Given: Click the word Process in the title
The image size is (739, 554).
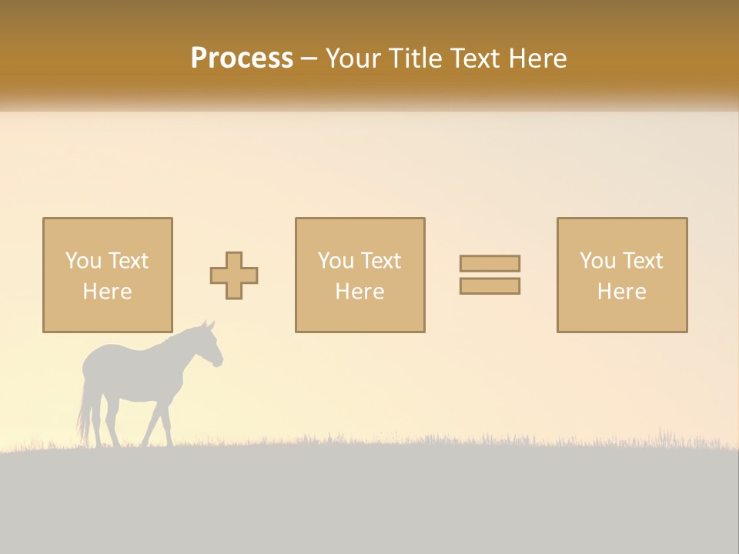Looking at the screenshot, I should pos(242,58).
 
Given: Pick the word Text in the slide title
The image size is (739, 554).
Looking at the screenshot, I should pos(472,58).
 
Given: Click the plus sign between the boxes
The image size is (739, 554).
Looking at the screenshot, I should pos(234,275).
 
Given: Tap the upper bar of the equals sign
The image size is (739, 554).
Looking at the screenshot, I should pos(490,263).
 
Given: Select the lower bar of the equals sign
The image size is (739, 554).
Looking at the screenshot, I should pos(490,286).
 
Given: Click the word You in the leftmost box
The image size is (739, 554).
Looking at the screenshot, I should pos(82,261).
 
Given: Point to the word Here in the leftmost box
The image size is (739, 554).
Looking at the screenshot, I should pos(107,292).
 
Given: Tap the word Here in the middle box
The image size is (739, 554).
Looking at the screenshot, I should pos(359,292).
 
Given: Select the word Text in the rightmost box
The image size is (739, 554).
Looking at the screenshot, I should pos(643,261).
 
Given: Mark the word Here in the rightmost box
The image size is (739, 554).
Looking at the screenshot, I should pos(621,292).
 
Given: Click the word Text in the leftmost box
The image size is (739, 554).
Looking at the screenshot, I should pos(129,261).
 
